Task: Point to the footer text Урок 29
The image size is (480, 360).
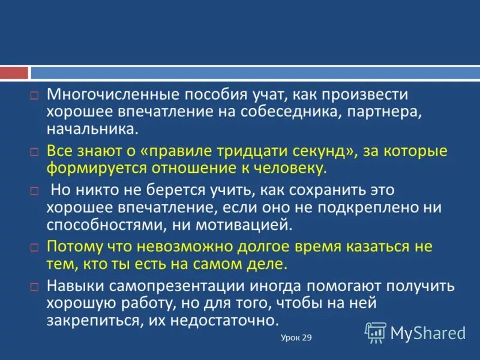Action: [x=296, y=338]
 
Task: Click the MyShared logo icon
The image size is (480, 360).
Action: [x=376, y=332]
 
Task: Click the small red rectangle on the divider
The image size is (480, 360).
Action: [x=14, y=73]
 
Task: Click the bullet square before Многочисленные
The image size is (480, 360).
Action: [x=35, y=96]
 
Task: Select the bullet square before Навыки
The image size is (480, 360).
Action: [x=35, y=287]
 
